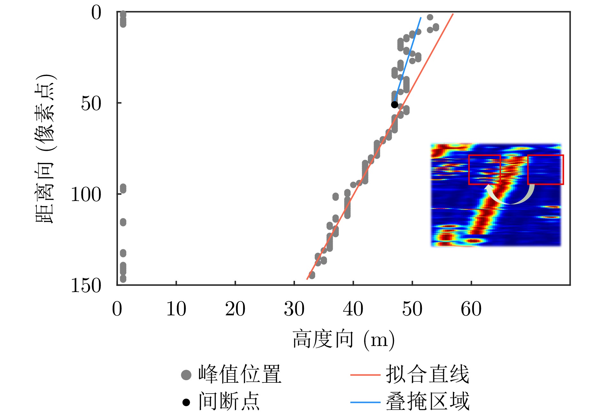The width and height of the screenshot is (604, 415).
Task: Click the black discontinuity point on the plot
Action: pos(395,104)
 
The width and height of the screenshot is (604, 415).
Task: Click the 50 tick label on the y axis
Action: pos(91,103)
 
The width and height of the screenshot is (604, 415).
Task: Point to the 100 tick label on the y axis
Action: pos(86,194)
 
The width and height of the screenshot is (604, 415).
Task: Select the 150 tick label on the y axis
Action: pos(86,285)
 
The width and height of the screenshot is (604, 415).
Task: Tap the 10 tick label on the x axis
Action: pos(176,309)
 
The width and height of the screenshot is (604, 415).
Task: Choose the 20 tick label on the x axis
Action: pos(235,309)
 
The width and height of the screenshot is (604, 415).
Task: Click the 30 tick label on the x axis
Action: pos(294,309)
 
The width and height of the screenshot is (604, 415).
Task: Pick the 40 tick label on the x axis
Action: pos(353,309)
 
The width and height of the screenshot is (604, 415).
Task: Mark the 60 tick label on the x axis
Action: pos(471,309)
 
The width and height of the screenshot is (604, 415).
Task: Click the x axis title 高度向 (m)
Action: pos(344,339)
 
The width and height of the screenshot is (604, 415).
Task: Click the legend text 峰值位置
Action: pos(240,374)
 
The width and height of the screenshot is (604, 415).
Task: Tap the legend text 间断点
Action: pos(229,401)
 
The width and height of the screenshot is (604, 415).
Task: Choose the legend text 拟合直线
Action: pos(428,374)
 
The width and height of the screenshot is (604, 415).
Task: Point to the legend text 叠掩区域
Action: pos(428,401)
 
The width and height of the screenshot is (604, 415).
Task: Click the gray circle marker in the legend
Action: pos(186,375)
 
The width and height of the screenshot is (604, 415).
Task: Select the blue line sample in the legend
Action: pos(365,402)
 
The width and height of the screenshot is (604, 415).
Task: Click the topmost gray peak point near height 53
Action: pos(430,17)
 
